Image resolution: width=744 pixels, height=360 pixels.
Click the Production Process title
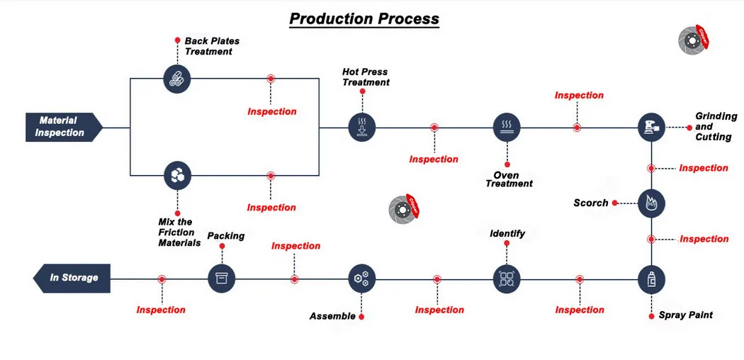(x=363, y=19)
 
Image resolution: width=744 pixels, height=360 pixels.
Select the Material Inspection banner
(x=62, y=127)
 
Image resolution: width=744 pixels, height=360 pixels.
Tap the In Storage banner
(x=72, y=278)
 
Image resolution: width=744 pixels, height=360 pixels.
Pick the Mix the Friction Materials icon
(x=177, y=176)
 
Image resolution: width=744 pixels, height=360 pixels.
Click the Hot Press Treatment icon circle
(x=362, y=128)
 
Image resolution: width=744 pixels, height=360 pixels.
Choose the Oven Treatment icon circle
(x=507, y=128)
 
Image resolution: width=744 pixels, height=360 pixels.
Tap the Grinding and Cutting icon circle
(x=651, y=128)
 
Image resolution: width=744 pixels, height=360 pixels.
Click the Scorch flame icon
(x=651, y=203)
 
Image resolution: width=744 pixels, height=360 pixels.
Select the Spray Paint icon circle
(x=651, y=279)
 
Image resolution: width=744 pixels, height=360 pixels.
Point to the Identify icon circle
(x=507, y=279)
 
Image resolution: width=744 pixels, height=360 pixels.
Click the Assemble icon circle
(x=362, y=279)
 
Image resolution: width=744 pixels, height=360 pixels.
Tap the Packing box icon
(x=221, y=279)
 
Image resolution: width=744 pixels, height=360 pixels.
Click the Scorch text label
(x=591, y=203)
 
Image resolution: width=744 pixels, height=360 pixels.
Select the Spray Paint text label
(x=685, y=315)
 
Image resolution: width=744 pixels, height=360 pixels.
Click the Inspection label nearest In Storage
(x=161, y=310)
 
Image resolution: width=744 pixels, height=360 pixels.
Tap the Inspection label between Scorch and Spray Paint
(x=704, y=239)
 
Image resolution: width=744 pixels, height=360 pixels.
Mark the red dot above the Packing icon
(x=222, y=247)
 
